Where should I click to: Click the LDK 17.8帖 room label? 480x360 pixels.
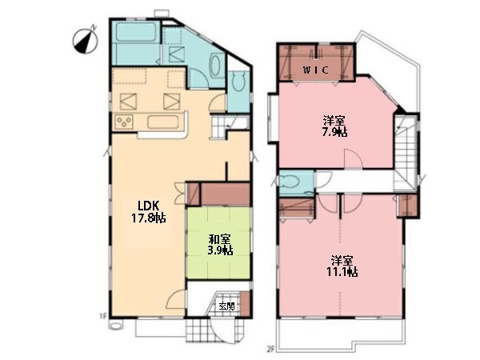[149, 211]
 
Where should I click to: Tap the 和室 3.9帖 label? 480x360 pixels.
[220, 245]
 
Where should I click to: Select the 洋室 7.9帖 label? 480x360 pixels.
[335, 126]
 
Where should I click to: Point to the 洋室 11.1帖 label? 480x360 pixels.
[342, 266]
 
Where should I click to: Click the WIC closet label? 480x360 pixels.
[316, 70]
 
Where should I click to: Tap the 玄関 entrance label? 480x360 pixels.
[227, 306]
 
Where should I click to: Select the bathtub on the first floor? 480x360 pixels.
[135, 32]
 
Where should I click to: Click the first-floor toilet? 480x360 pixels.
[238, 82]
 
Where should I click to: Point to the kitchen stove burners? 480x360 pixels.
[124, 122]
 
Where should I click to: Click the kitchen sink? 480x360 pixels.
[163, 122]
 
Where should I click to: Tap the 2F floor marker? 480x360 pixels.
[270, 348]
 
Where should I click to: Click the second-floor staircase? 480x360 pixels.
[405, 152]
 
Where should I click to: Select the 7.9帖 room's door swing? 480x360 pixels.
[354, 159]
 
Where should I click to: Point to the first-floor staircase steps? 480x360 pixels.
[218, 127]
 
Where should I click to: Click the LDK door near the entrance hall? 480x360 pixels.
[176, 299]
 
